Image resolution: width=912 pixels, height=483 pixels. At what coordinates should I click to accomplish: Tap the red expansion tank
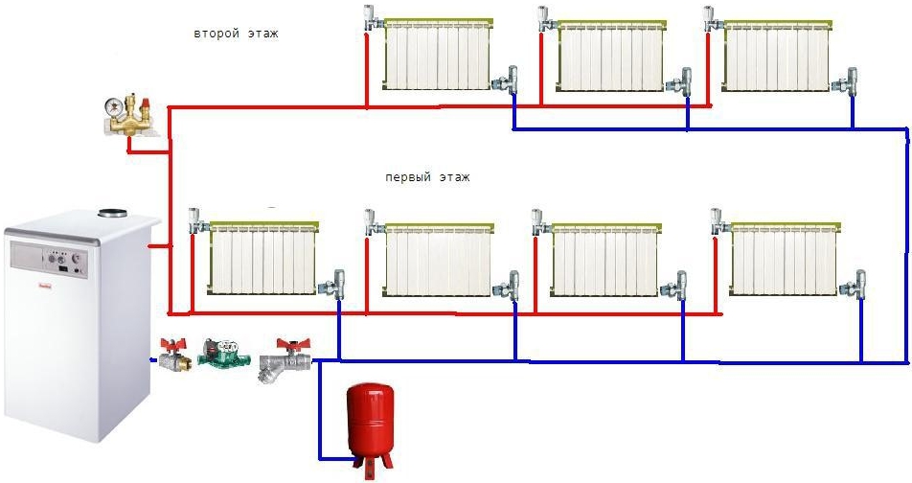[370, 422]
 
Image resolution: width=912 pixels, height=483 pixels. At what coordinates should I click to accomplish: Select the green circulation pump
[218, 352]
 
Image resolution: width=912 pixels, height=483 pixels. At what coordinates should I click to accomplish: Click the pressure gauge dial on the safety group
[112, 105]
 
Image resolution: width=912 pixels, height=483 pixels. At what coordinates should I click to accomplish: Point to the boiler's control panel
[49, 259]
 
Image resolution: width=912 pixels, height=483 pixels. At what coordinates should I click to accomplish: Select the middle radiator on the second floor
[611, 56]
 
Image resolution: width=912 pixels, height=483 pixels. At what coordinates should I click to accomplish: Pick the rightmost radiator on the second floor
[777, 56]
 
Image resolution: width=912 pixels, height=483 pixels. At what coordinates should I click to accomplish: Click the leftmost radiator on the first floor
[263, 258]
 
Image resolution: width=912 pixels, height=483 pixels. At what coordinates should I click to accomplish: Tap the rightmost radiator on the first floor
[785, 259]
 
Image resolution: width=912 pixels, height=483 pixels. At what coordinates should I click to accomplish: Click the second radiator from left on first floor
[439, 260]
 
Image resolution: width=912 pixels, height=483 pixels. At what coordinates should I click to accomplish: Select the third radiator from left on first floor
[605, 260]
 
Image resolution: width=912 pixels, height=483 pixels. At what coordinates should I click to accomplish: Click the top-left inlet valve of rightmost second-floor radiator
[713, 20]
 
